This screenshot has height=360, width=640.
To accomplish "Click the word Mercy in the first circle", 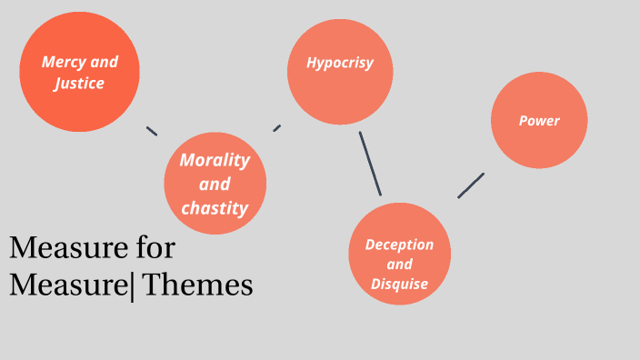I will (64, 64).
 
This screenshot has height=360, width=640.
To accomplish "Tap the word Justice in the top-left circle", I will (79, 84).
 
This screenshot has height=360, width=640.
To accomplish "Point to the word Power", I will (539, 120).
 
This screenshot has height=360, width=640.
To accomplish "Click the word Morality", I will (215, 160).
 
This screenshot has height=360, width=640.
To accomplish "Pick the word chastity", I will (215, 208).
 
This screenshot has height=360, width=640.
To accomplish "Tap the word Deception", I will (399, 245).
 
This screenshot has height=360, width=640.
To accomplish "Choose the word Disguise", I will (399, 285).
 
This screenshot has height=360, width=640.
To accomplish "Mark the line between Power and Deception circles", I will (471, 185).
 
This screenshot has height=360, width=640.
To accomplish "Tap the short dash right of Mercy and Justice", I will (152, 131).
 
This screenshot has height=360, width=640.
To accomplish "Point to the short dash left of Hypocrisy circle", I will (276, 128).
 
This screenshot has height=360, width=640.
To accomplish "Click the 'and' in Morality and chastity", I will (215, 184).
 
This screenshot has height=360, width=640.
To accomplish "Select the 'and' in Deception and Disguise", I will (399, 265).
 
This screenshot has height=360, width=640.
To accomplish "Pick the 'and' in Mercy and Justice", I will (105, 64).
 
